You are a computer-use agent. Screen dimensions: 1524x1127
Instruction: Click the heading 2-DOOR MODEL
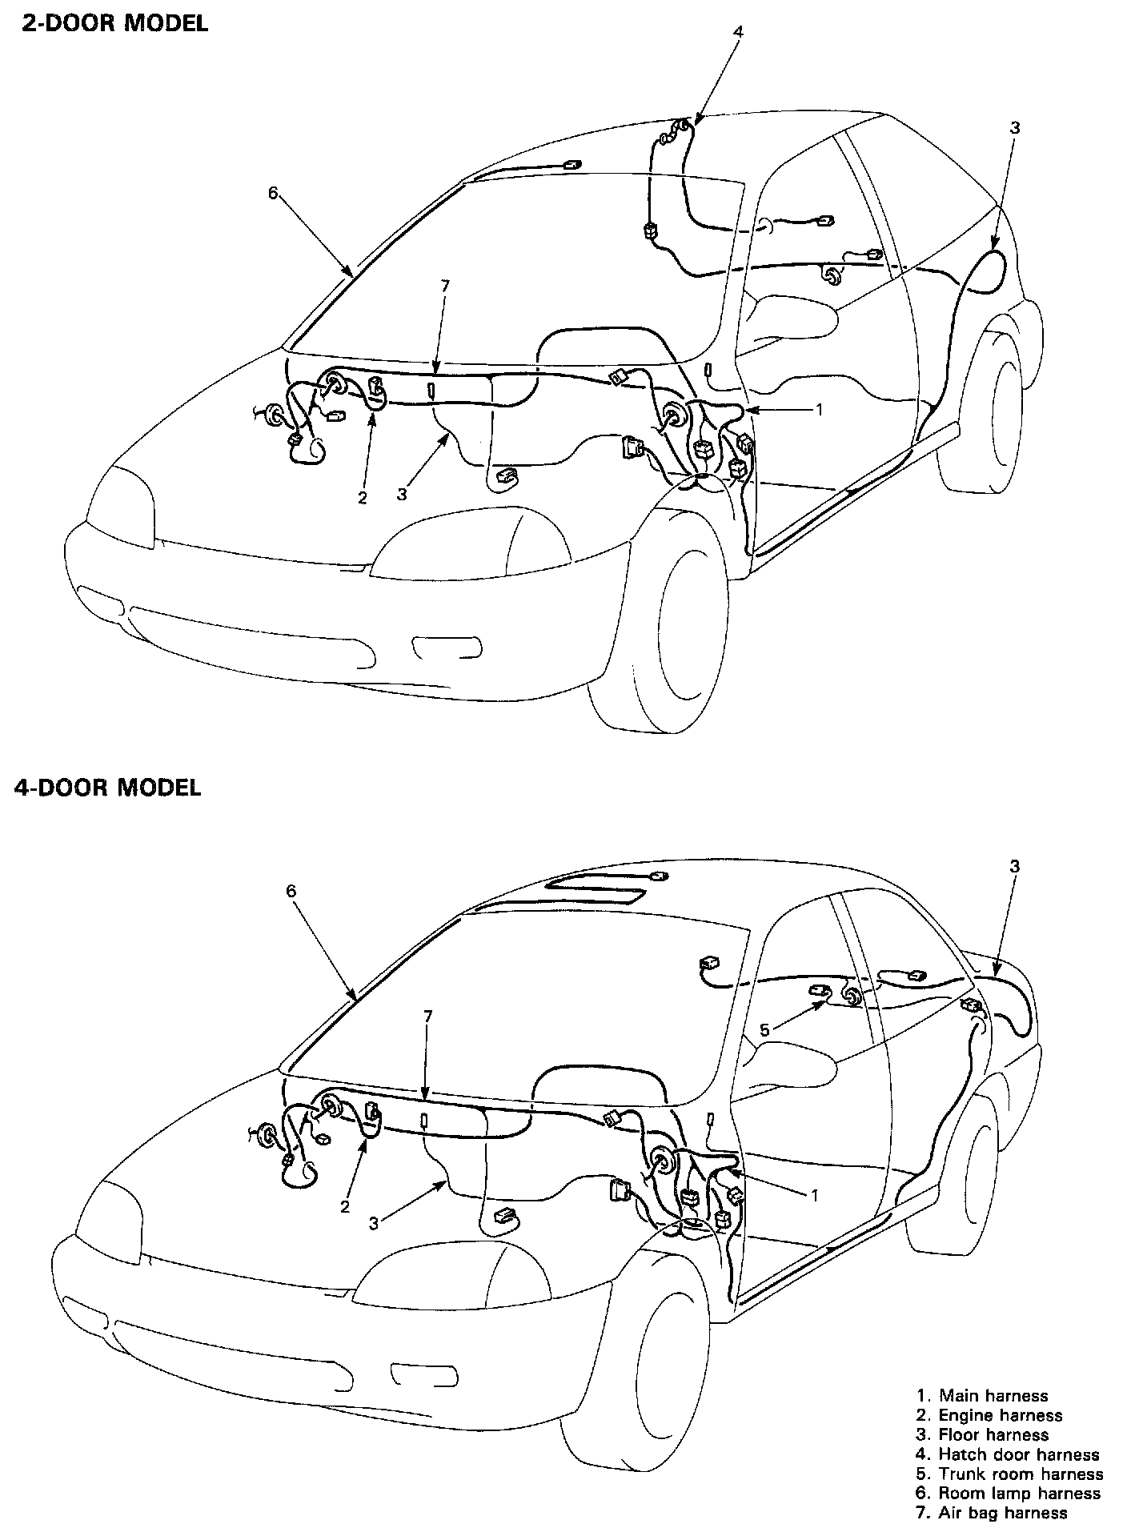point(114,23)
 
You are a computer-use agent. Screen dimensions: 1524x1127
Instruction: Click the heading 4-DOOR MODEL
point(107,787)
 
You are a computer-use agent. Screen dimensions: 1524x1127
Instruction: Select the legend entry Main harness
point(982,1396)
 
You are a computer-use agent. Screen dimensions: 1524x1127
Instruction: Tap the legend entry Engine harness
point(989,1415)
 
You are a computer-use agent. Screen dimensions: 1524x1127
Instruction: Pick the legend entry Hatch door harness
point(1008,1454)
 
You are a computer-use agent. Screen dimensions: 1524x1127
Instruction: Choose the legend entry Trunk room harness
point(1009,1474)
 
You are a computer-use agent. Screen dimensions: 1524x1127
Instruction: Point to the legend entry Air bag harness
point(992,1512)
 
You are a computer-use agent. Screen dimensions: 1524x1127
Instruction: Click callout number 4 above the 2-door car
point(738,32)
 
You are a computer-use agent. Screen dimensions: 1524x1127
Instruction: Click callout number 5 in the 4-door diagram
point(764,1030)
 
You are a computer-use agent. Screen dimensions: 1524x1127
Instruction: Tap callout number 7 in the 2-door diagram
point(445,286)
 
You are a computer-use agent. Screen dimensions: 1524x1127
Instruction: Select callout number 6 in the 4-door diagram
point(291,891)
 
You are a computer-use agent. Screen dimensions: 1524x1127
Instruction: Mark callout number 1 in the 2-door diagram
point(819,408)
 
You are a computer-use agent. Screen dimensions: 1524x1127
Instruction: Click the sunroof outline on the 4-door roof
point(596,888)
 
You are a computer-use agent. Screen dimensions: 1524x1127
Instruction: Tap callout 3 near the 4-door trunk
point(1015,866)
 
